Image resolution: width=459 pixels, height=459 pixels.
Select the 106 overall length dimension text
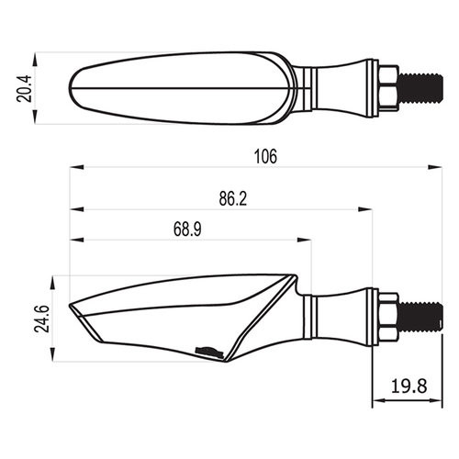tap(264, 156)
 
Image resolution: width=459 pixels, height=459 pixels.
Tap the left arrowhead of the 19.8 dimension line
tap(379, 401)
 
